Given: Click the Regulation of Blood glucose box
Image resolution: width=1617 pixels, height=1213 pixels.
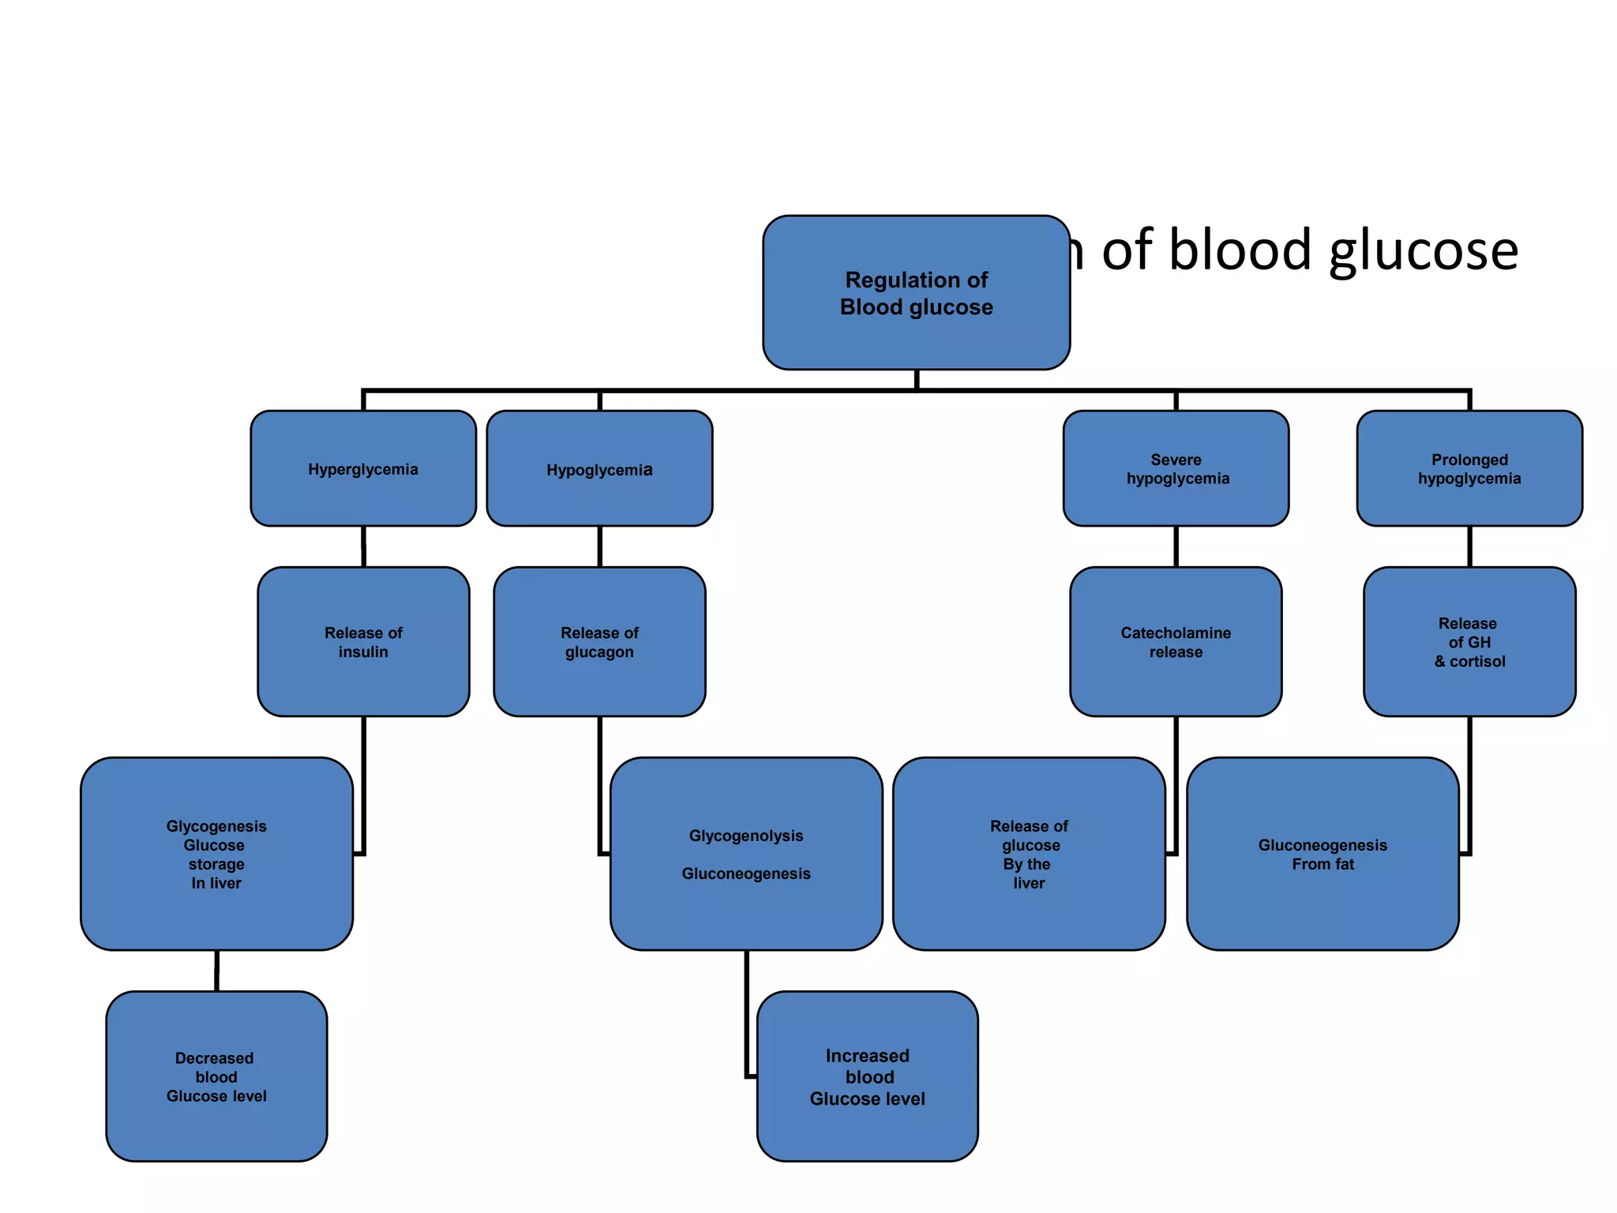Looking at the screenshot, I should pos(916,293).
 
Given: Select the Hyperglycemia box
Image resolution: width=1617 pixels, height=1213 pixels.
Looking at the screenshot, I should pos(363,469).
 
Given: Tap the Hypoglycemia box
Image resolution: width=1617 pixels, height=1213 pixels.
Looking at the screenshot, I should pos(599,469).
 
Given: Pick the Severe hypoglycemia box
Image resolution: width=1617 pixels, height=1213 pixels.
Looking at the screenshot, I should pos(1176,469).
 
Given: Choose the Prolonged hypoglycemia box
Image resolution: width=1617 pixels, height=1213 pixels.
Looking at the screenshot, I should pos(1469,469).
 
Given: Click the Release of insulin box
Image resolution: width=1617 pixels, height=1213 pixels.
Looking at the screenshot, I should pos(363,642).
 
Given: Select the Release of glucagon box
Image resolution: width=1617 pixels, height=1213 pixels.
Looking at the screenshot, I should pos(599,642).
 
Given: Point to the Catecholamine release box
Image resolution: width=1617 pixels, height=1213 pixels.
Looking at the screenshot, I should pos(1176,642).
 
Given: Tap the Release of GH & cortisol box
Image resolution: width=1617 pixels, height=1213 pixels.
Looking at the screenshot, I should pos(1469,642).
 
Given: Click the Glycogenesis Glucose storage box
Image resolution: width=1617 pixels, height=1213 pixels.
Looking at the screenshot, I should pos(216,854).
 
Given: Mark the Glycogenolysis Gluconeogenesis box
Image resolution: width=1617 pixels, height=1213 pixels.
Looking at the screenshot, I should pos(746,854).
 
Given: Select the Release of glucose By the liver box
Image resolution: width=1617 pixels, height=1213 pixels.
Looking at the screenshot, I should pos(1029,854).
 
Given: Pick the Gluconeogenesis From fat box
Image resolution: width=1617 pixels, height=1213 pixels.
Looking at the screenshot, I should pos(1322,854).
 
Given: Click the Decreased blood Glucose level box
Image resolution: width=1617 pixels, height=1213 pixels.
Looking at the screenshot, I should pos(216,1076).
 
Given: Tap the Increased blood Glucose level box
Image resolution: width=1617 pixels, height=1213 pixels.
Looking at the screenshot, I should pos(867,1076).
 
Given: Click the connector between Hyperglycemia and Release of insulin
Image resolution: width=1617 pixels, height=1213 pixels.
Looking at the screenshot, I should pos(363,546).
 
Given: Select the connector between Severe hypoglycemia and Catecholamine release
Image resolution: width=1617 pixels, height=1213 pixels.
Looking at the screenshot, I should pos(1176,546).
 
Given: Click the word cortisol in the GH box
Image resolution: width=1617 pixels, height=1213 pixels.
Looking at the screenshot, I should pos(1477,662).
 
